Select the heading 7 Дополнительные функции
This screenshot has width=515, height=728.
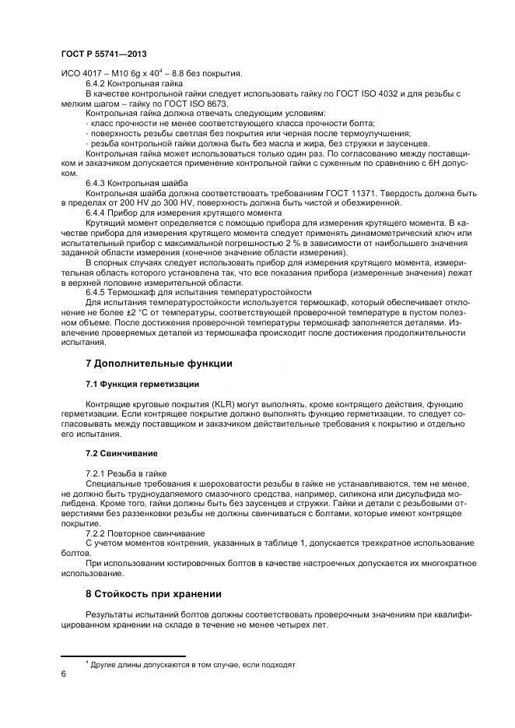click(x=159, y=363)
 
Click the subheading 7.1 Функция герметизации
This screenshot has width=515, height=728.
click(x=142, y=384)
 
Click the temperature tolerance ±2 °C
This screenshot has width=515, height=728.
click(x=126, y=311)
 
